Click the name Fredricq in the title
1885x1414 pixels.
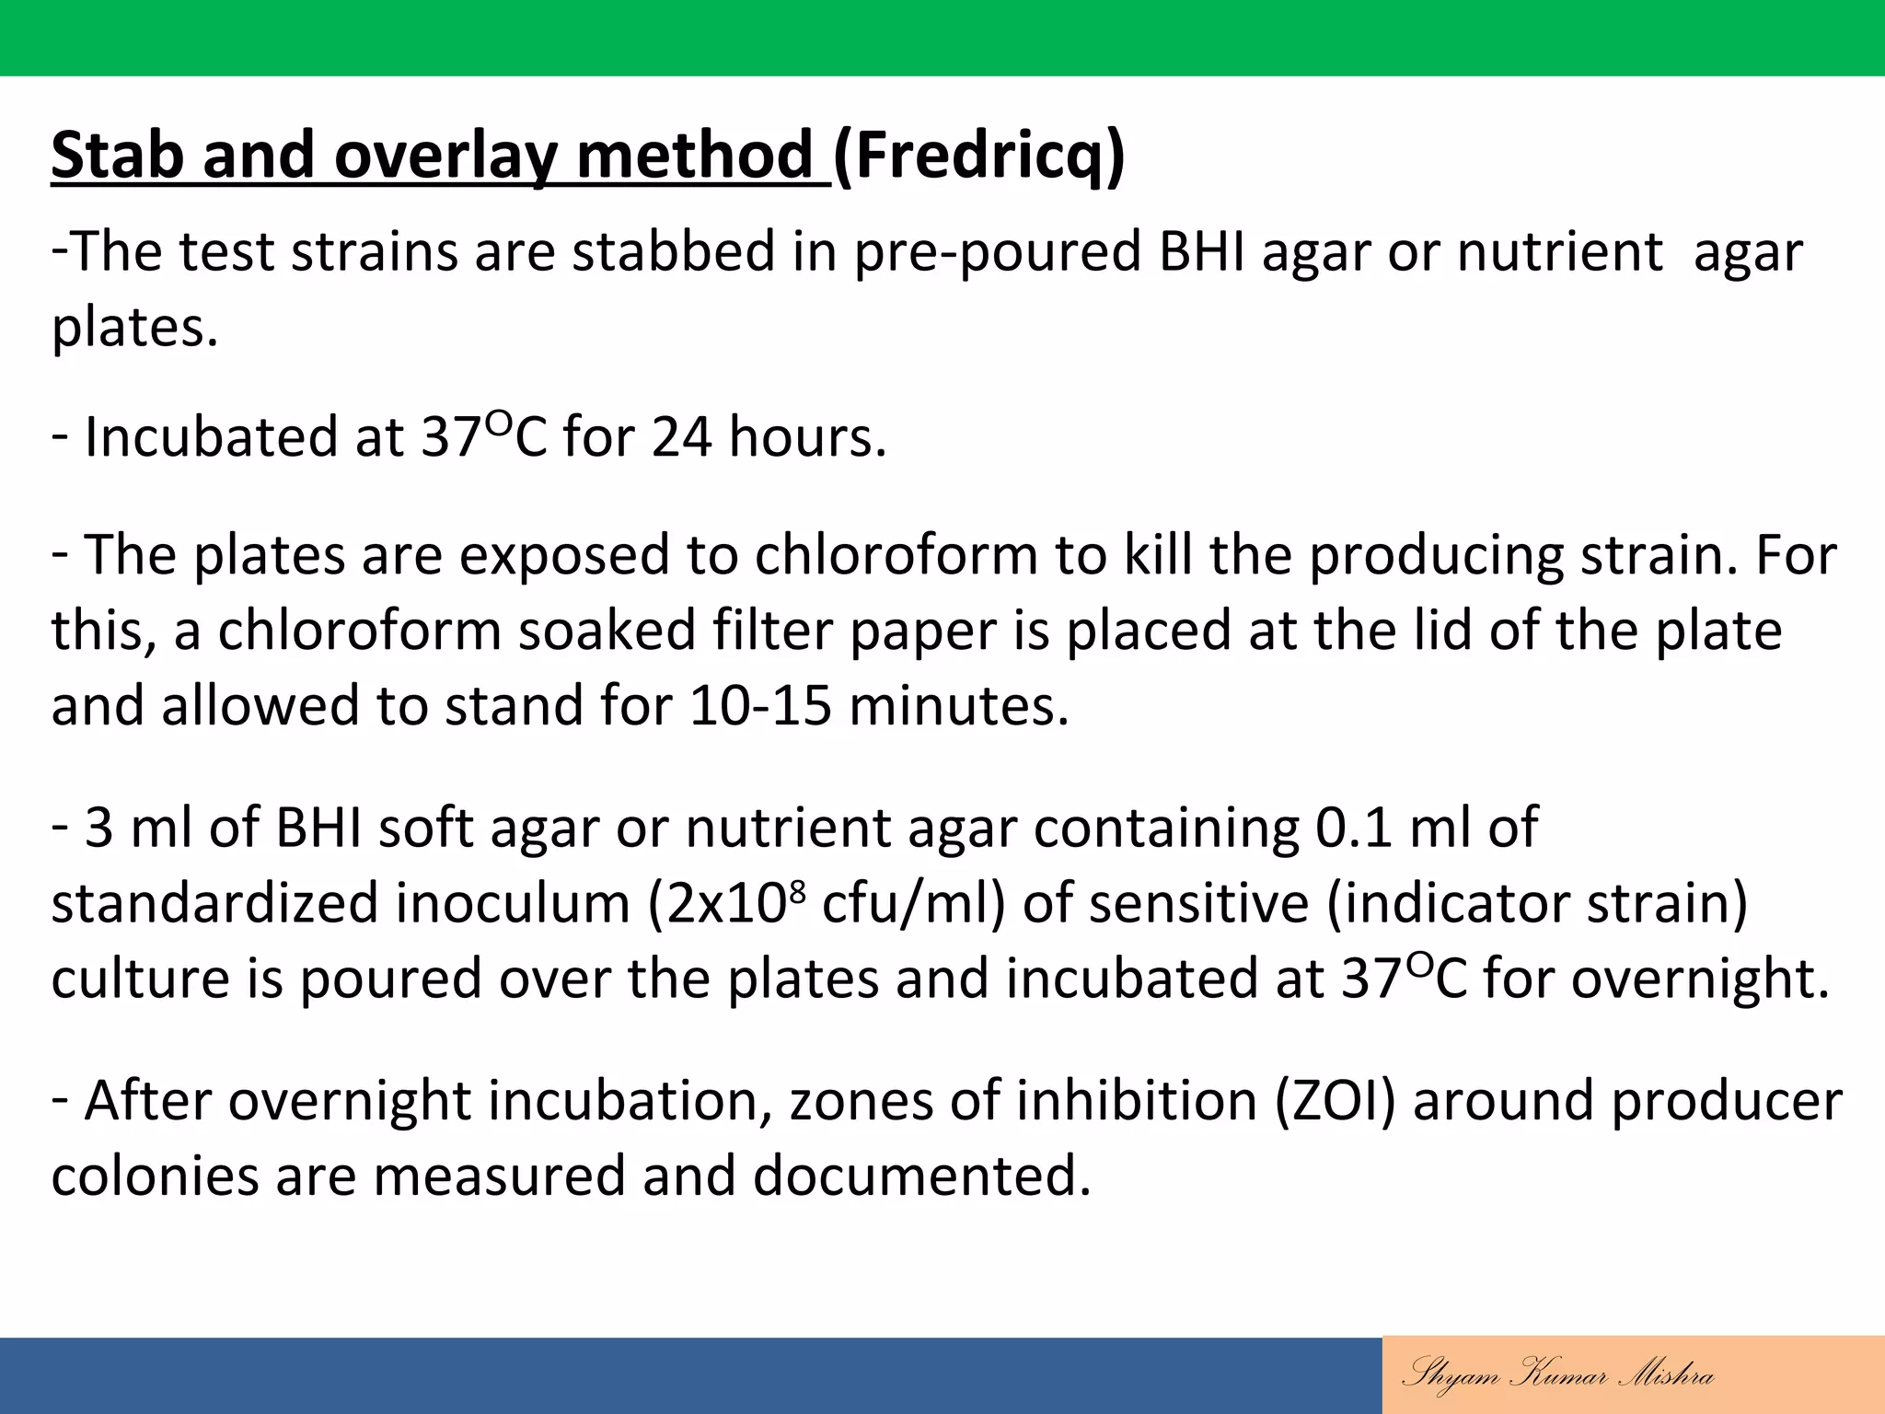click(x=978, y=155)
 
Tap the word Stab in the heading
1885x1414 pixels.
click(x=117, y=155)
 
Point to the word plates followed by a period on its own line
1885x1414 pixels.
click(x=134, y=327)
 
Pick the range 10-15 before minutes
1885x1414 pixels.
click(x=759, y=706)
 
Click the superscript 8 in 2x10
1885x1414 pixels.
click(x=797, y=890)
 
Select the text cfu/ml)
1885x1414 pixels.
click(x=913, y=902)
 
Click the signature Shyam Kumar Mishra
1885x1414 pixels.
click(x=1557, y=1375)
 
